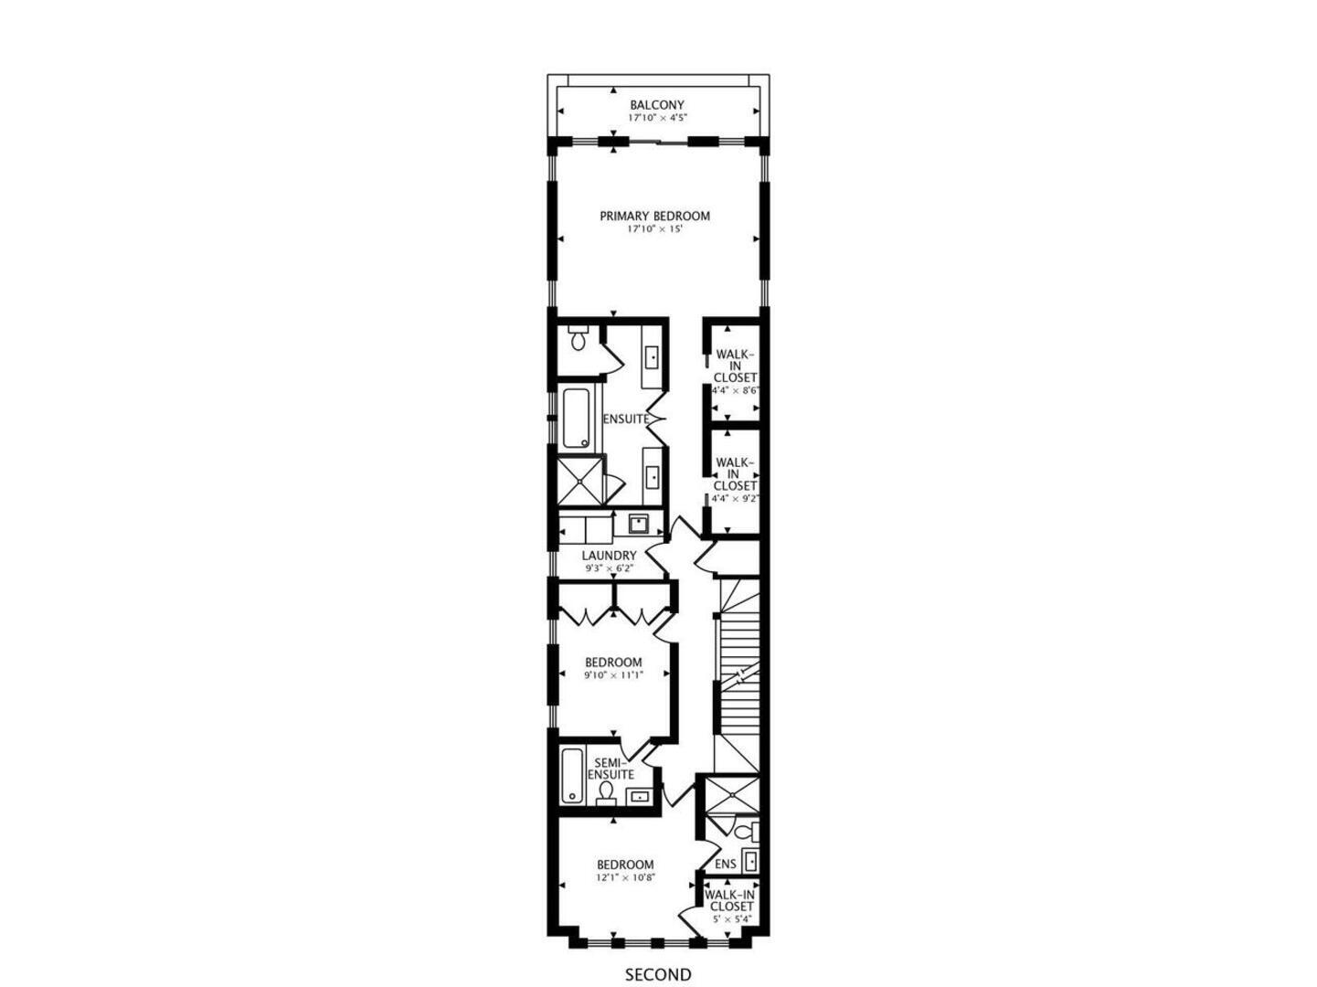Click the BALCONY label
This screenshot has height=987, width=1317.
[x=656, y=105]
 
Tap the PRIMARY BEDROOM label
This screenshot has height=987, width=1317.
[x=654, y=217]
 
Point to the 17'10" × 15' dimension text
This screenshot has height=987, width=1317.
[x=654, y=229]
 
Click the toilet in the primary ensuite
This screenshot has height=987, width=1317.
[x=578, y=340]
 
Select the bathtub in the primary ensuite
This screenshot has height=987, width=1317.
[x=576, y=419]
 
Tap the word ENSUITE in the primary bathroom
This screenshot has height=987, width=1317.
[x=625, y=419]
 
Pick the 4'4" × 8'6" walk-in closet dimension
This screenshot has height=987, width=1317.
[x=736, y=390]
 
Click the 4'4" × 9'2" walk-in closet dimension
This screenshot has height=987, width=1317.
[x=736, y=498]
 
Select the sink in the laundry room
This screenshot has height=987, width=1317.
[x=638, y=525]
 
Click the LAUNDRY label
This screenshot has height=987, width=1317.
[x=609, y=556]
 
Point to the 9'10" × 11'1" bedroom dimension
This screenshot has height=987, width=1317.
[x=613, y=676]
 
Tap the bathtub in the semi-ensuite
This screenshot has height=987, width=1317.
[x=572, y=777]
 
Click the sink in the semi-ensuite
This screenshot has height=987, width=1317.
[x=641, y=797]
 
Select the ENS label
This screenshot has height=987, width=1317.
[x=726, y=865]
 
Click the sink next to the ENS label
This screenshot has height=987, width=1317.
[x=749, y=861]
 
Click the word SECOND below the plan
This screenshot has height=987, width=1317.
[x=658, y=975]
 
